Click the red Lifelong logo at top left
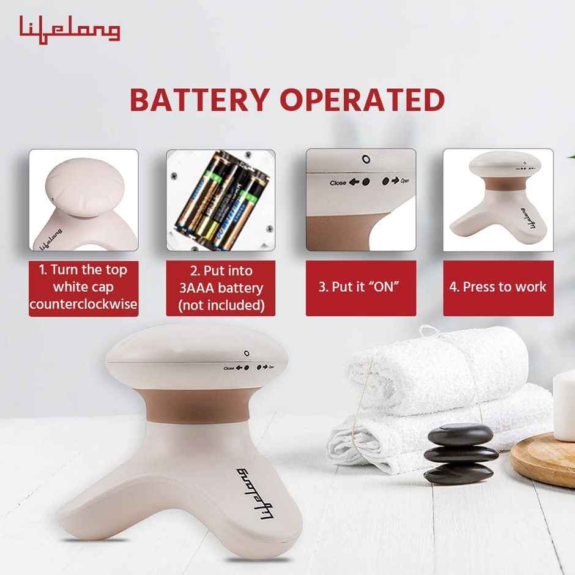pyautogui.click(x=69, y=29)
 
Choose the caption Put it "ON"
pyautogui.click(x=361, y=288)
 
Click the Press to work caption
pyautogui.click(x=498, y=288)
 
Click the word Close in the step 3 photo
pyautogui.click(x=338, y=183)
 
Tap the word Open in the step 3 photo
pyautogui.click(x=404, y=182)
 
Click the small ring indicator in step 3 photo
pyautogui.click(x=365, y=160)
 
